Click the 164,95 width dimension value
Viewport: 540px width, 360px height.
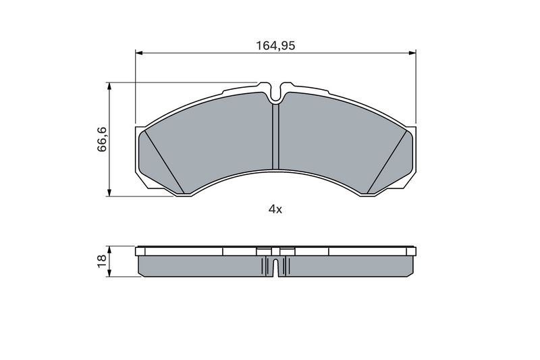(275, 45)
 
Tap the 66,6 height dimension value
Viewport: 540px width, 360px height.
(103, 139)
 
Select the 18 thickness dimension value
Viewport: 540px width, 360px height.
(102, 261)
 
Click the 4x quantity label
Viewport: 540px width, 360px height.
(275, 209)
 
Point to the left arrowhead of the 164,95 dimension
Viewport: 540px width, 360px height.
(139, 53)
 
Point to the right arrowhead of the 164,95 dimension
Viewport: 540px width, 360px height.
(412, 53)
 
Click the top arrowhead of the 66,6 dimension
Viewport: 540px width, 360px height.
(109, 86)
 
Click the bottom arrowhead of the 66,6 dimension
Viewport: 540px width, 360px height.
(109, 192)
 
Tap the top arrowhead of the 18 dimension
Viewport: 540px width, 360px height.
(109, 250)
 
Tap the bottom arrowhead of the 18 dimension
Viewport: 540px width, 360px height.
(109, 272)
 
